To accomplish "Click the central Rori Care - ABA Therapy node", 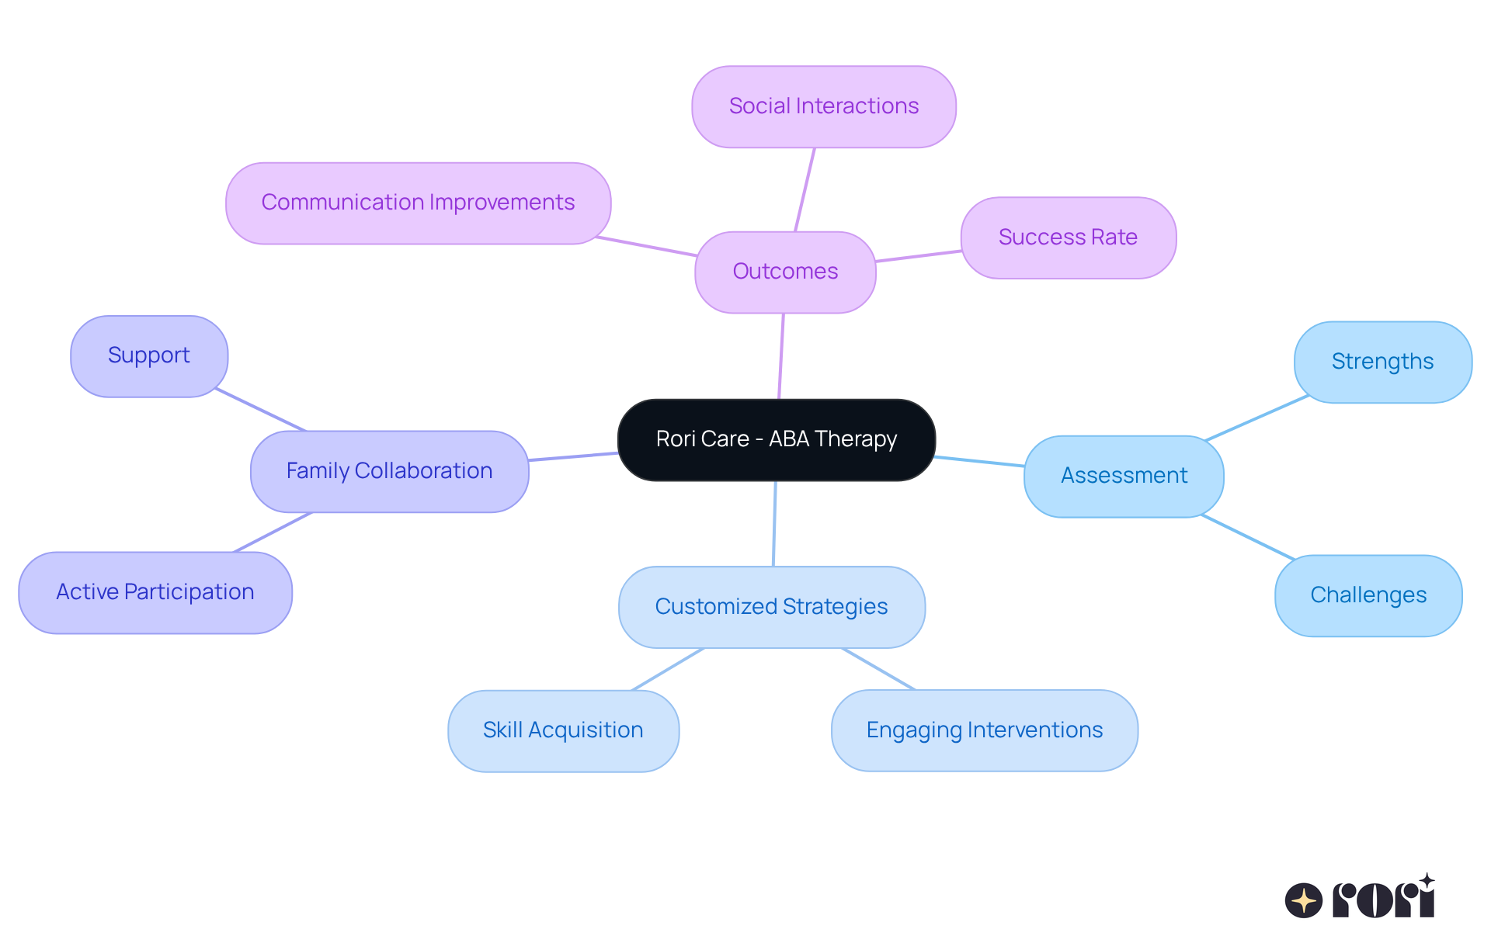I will [x=776, y=439].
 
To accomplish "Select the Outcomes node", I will [x=785, y=272].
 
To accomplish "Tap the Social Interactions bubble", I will [x=823, y=106].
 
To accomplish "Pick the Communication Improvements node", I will [x=418, y=203].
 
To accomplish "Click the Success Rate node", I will [x=1068, y=237].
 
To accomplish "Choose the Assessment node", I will [x=1124, y=476].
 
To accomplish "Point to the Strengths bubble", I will [x=1382, y=362].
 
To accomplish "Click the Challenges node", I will [x=1368, y=595].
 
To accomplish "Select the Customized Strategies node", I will [x=771, y=607].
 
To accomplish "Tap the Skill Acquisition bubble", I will [x=563, y=730].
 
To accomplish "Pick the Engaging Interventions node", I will [x=984, y=730].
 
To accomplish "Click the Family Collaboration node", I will [x=389, y=471].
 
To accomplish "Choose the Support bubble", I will [x=148, y=355].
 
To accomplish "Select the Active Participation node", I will [x=155, y=592].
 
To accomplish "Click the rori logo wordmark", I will [x=1384, y=900].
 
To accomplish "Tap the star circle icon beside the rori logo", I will [x=1303, y=900].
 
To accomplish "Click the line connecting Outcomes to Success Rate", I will [x=919, y=256].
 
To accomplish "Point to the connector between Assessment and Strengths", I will [x=1256, y=418].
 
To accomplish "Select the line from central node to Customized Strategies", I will [x=774, y=524].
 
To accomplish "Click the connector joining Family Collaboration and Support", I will [x=261, y=410].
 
